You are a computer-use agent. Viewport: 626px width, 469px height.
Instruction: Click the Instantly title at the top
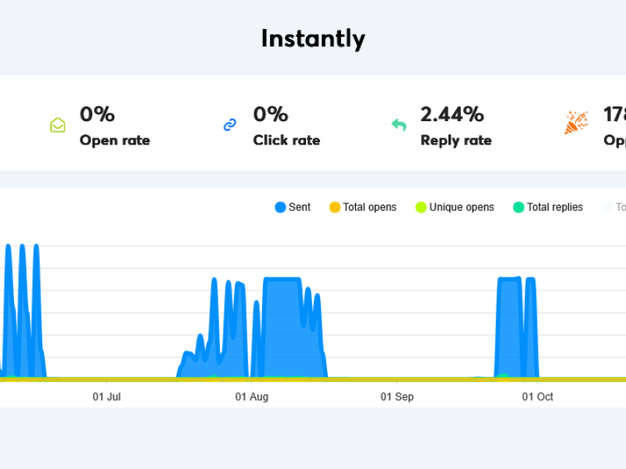pyautogui.click(x=313, y=38)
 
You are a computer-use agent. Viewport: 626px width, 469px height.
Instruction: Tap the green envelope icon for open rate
pyautogui.click(x=58, y=125)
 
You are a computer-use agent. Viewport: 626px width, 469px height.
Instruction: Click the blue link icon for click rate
pyautogui.click(x=230, y=125)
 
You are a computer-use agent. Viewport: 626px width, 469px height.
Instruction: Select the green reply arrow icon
pyautogui.click(x=399, y=125)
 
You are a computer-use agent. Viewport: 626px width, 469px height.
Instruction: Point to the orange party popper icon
pyautogui.click(x=576, y=123)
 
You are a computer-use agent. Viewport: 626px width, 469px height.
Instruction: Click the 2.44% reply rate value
pyautogui.click(x=452, y=114)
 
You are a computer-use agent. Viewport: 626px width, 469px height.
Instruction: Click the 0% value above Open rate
pyautogui.click(x=97, y=114)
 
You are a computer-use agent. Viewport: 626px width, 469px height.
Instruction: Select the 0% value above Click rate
pyautogui.click(x=271, y=114)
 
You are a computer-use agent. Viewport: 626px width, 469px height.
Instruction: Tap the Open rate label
pyautogui.click(x=115, y=141)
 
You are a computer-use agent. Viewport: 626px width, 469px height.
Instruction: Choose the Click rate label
pyautogui.click(x=286, y=141)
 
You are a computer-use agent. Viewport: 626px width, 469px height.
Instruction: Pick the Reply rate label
pyautogui.click(x=456, y=141)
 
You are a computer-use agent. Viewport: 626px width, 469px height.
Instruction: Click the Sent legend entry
pyautogui.click(x=293, y=207)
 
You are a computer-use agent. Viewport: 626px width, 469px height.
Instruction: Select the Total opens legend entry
pyautogui.click(x=362, y=207)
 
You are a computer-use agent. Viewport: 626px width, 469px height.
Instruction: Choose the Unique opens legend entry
pyautogui.click(x=455, y=207)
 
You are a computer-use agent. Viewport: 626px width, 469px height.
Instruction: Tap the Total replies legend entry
pyautogui.click(x=548, y=207)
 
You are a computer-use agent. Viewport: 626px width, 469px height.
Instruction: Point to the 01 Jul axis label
pyautogui.click(x=106, y=397)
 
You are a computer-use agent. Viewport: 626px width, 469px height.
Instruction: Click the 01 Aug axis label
pyautogui.click(x=252, y=397)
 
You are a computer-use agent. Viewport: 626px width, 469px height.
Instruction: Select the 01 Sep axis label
pyautogui.click(x=398, y=397)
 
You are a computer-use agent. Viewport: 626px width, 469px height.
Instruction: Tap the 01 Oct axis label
pyautogui.click(x=538, y=397)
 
